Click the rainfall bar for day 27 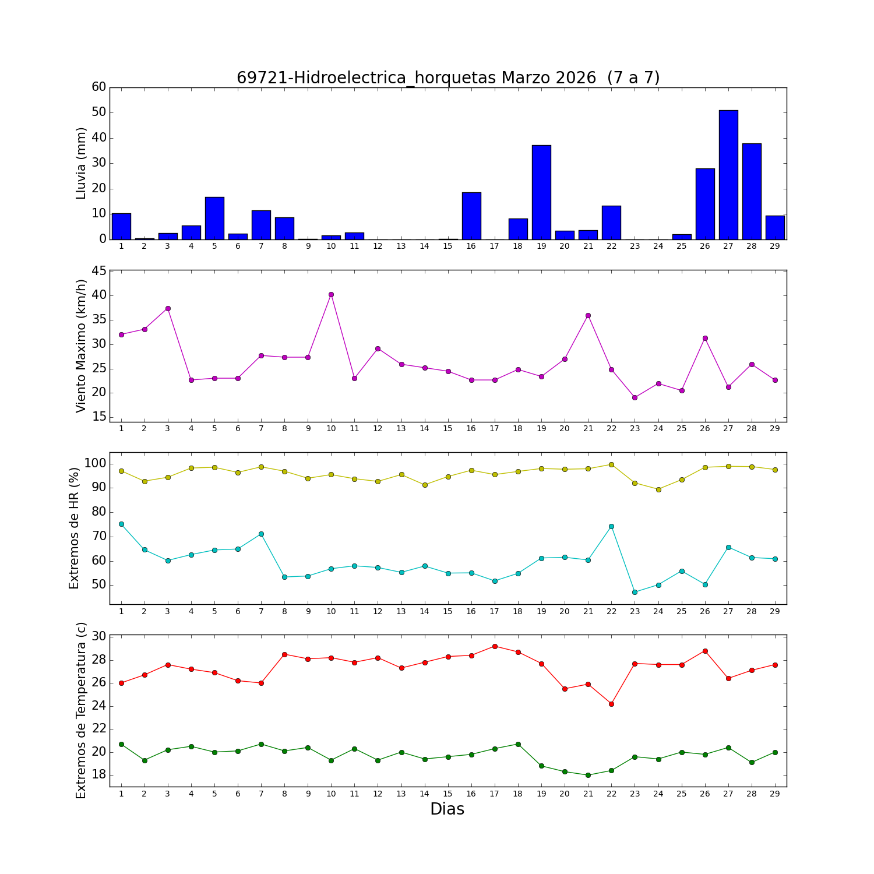pos(728,175)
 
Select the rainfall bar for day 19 pos(541,192)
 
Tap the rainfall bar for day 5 pos(214,218)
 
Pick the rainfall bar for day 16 pos(471,216)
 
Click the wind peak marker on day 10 pos(331,294)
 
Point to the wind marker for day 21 pos(588,315)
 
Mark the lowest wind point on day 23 pos(635,397)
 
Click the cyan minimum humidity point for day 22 pos(611,526)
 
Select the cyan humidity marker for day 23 pos(635,592)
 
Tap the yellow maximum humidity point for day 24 pos(658,489)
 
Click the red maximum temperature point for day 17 pos(495,646)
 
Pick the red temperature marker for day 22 pos(611,704)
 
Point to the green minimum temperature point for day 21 pos(588,775)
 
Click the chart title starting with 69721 pos(447,78)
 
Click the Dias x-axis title pos(447,809)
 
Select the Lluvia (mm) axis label pos(81,163)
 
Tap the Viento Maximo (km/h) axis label pos(81,346)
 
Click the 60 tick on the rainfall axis pos(99,87)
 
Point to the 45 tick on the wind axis pos(99,271)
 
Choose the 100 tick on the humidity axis pos(96,464)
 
